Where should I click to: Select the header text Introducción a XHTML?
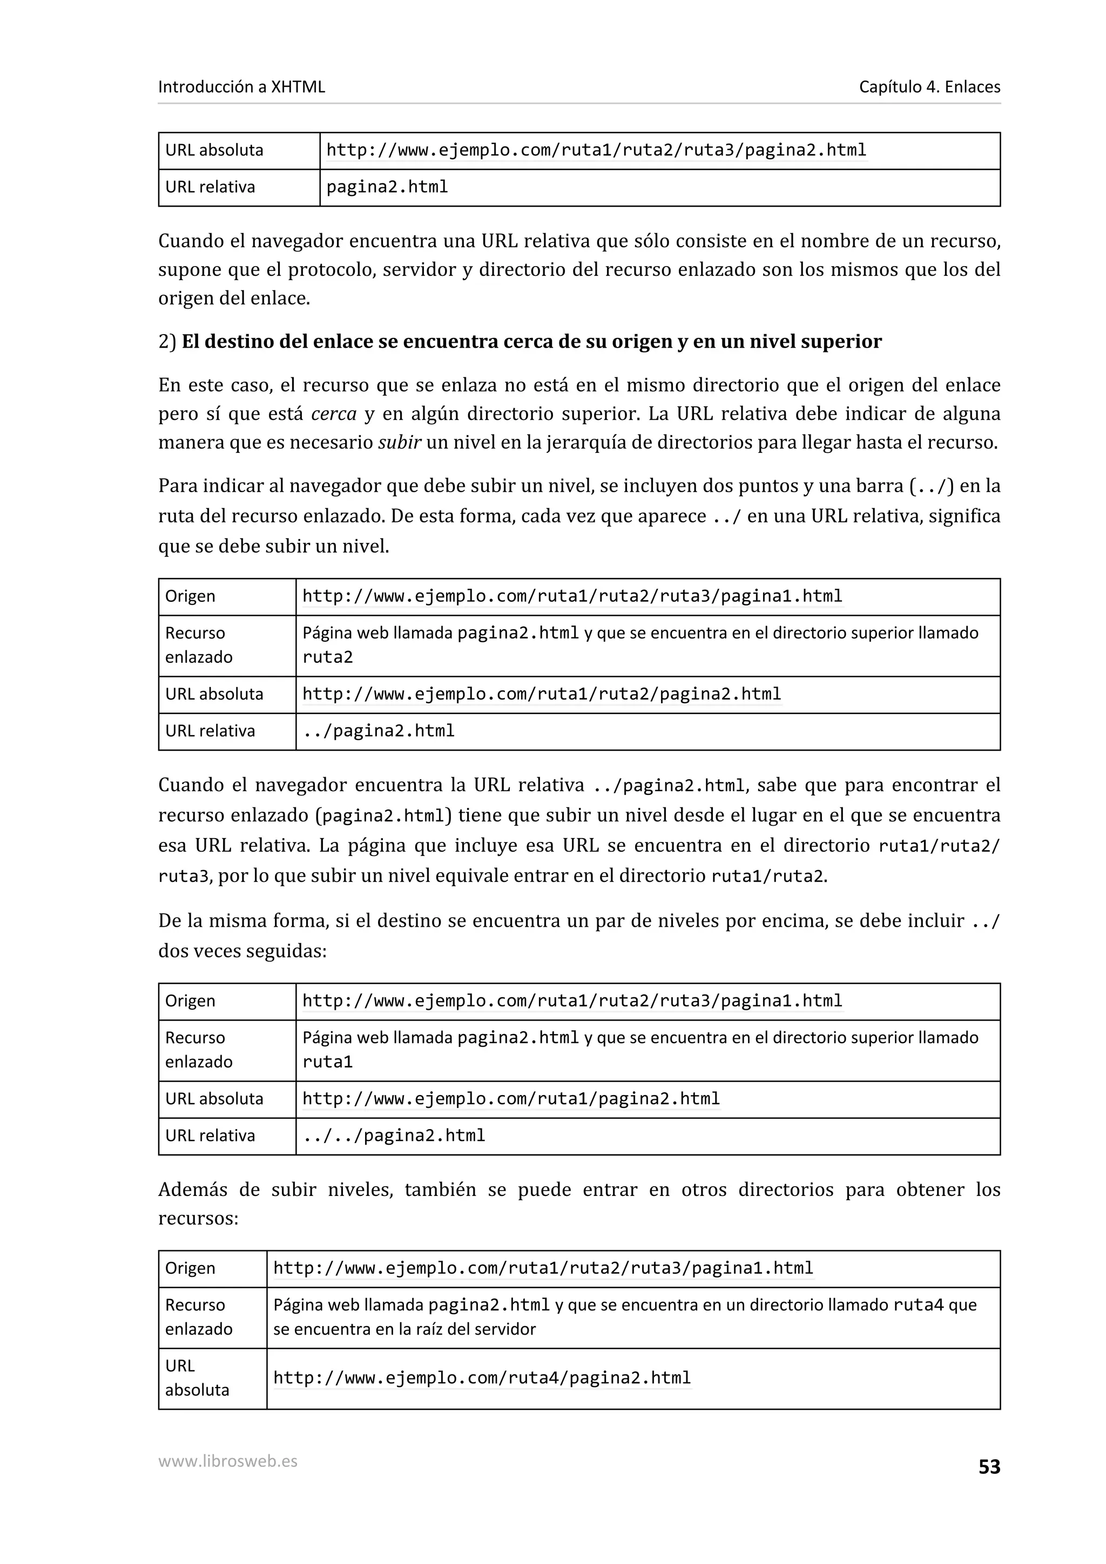241,86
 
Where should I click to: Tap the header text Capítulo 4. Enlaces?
929,86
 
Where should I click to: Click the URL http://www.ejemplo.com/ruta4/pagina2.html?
482,1377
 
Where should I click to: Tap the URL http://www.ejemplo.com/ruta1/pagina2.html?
511,1099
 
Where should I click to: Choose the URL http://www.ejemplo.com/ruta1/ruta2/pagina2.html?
541,694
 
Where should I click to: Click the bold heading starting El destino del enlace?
531,341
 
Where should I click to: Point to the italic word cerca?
333,414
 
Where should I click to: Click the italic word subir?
399,443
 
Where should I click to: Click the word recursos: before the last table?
198,1219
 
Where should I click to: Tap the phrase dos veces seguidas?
242,951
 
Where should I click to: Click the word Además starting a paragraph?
193,1190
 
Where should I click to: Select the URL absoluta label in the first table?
214,151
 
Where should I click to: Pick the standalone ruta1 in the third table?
327,1062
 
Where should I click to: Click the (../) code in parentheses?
932,486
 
